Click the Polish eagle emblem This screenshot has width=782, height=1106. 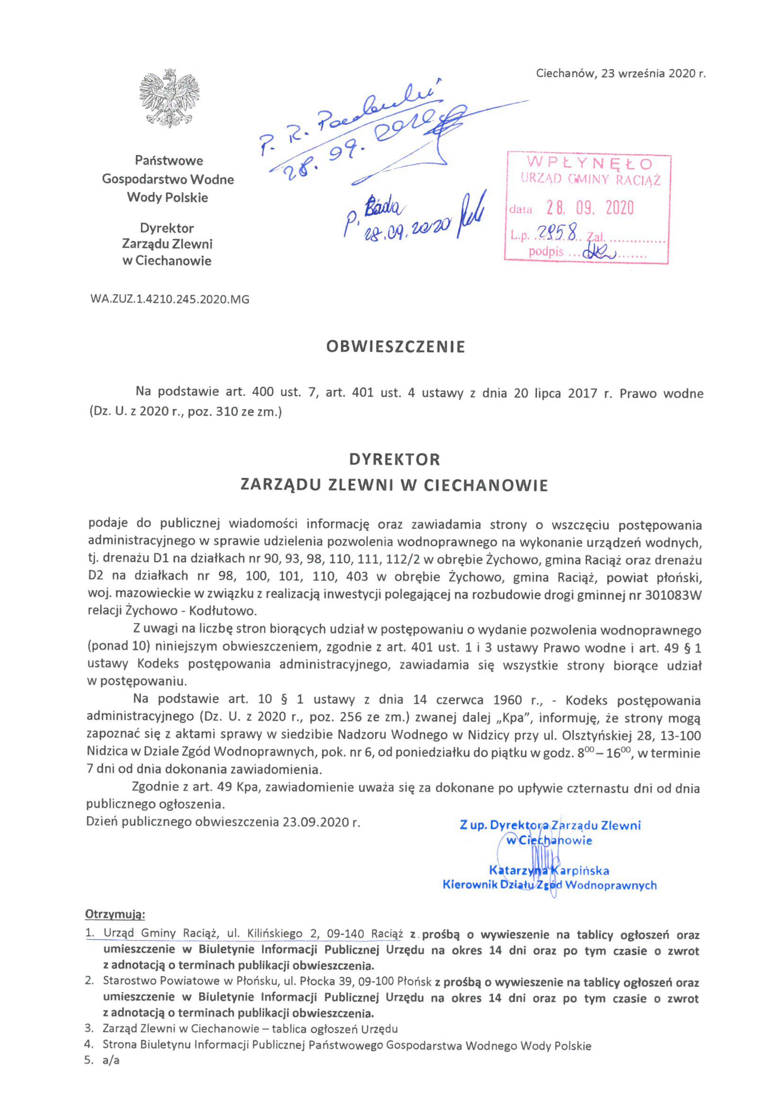[x=169, y=98]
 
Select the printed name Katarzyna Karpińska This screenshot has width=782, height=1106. [x=549, y=871]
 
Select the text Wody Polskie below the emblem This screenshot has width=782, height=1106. [x=168, y=198]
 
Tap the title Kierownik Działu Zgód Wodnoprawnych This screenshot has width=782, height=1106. [x=550, y=885]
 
